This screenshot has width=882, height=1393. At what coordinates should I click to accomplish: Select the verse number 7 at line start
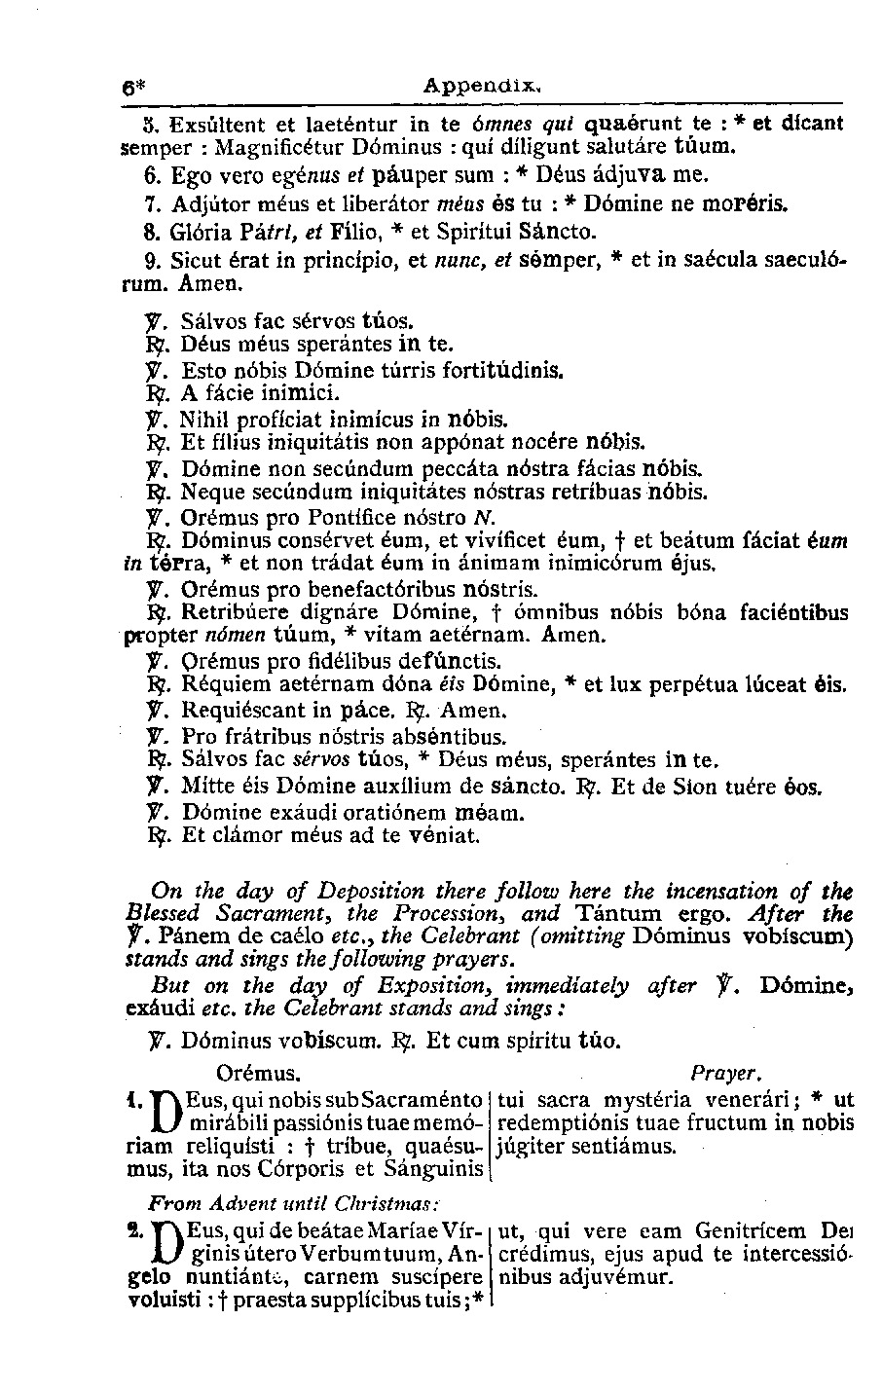point(149,204)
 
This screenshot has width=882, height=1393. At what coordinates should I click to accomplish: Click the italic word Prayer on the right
point(722,1074)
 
